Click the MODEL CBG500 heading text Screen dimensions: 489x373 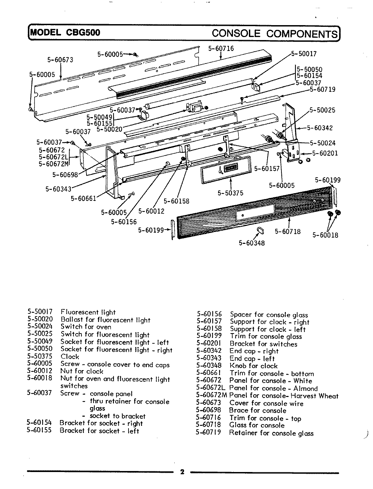(65, 33)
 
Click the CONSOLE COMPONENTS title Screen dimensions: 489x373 (275, 33)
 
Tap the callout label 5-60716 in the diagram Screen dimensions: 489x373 (221, 49)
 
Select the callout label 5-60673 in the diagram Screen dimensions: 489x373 (60, 60)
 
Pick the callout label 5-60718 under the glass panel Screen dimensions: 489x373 (288, 232)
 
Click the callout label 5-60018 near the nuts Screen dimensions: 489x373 (325, 235)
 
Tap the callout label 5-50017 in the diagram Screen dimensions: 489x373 (304, 54)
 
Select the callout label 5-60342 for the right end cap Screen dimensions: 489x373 (320, 128)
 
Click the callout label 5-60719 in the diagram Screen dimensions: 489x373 (322, 89)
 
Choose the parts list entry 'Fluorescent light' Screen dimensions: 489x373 (88, 312)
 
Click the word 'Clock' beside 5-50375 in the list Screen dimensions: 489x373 (70, 357)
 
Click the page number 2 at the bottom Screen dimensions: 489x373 (182, 472)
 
